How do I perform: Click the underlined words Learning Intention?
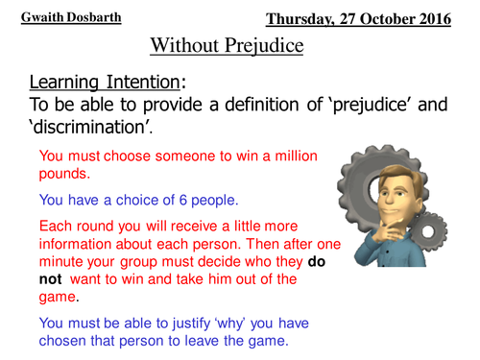[91, 81]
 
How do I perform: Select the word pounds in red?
[60, 173]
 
